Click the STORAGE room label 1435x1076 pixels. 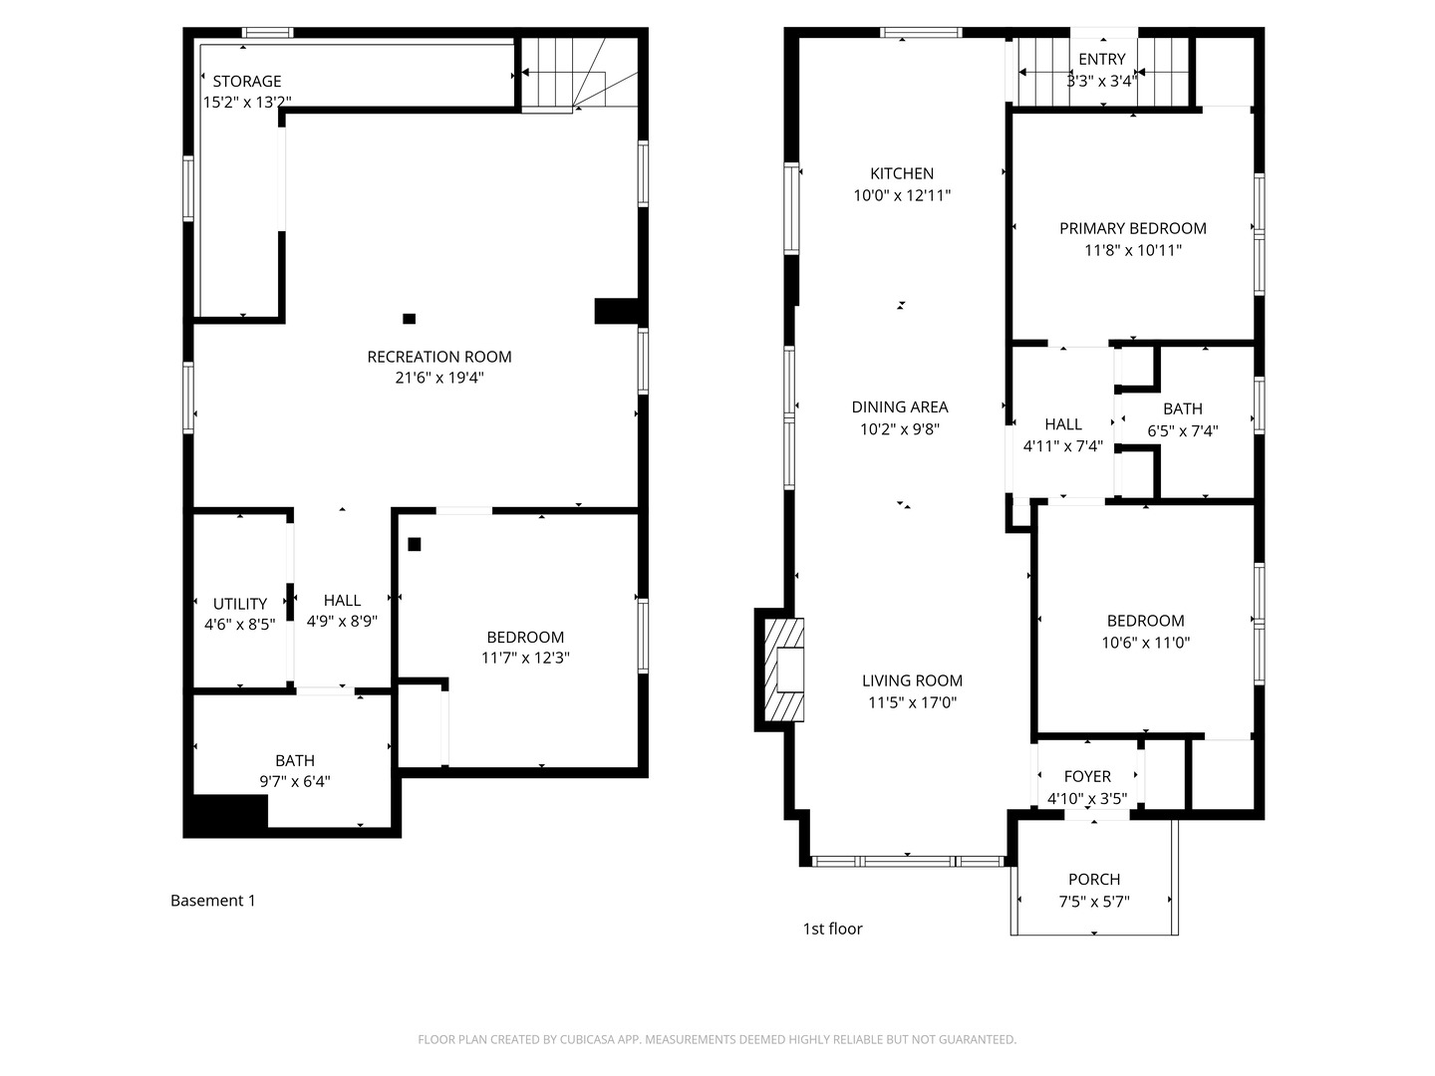[246, 82]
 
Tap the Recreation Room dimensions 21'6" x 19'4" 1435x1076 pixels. [439, 379]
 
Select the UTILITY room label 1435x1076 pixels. [240, 604]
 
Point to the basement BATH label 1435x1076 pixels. [295, 761]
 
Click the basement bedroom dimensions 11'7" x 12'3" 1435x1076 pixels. [525, 659]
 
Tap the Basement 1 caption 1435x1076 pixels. [212, 901]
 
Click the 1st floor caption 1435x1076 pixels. [832, 929]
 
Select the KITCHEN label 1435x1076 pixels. [902, 173]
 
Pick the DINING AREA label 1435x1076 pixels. [900, 406]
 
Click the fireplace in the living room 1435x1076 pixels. [784, 670]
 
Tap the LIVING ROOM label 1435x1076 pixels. [912, 680]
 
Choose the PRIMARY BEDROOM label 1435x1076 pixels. [1132, 228]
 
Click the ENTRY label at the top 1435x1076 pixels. [1101, 60]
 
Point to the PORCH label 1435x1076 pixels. [1094, 880]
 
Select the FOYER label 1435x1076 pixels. [1087, 776]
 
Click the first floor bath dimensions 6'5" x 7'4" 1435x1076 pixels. [1183, 431]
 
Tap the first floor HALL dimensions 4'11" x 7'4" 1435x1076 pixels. [1062, 446]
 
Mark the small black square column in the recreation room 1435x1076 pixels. [409, 319]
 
